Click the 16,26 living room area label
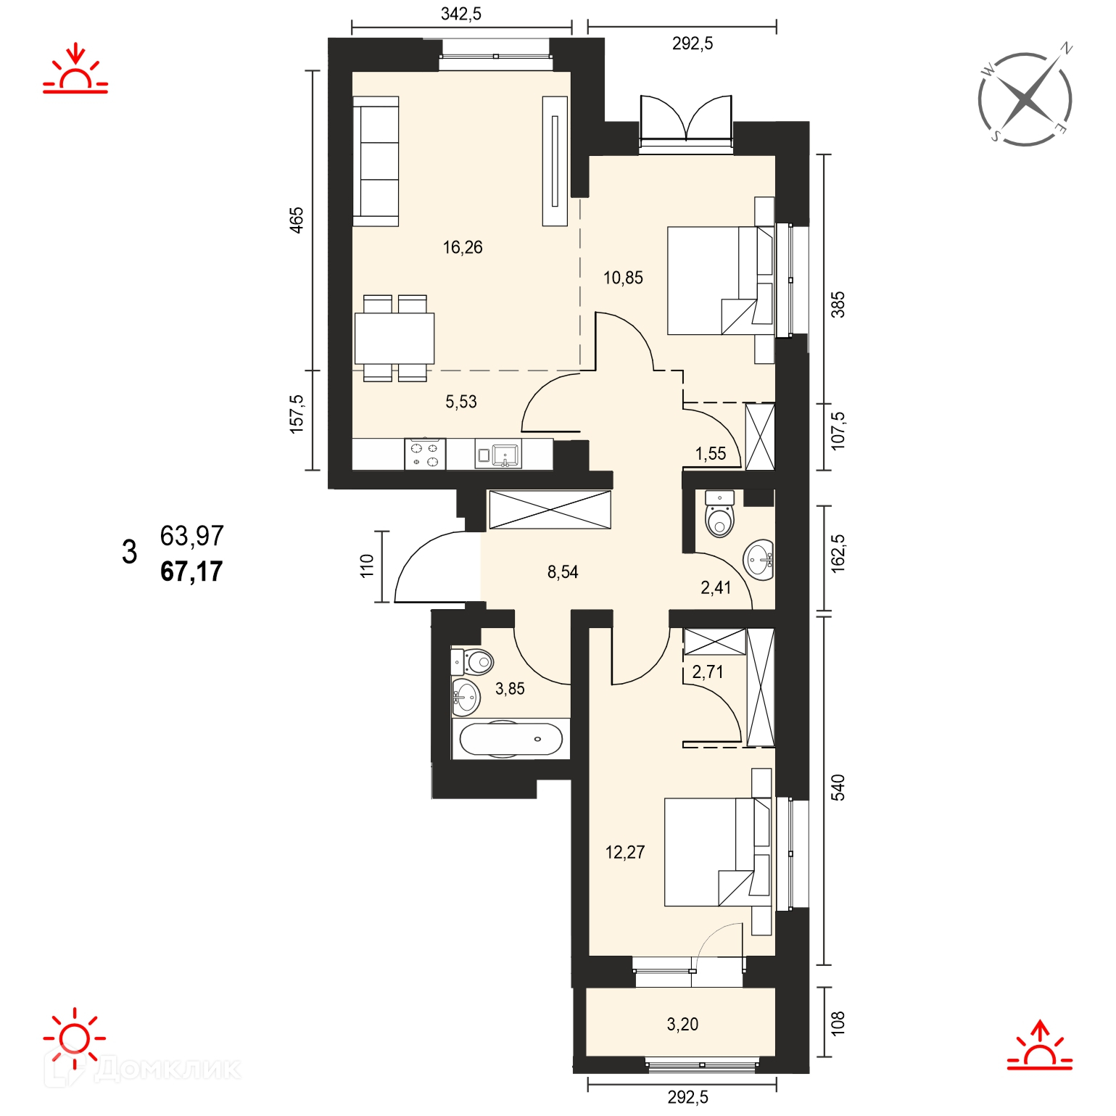click(463, 247)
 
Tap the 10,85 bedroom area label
click(623, 278)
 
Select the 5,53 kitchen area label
click(461, 402)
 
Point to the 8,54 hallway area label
click(563, 572)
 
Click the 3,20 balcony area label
click(682, 1024)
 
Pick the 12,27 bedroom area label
click(625, 852)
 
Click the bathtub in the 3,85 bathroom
click(511, 740)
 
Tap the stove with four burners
click(425, 454)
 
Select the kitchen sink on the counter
click(498, 455)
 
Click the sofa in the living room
click(376, 162)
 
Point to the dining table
click(394, 338)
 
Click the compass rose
click(1025, 98)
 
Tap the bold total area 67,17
click(191, 571)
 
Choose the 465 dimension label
click(297, 220)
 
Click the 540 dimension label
click(838, 788)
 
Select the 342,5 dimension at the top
click(461, 14)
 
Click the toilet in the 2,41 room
click(719, 513)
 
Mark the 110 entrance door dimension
click(367, 566)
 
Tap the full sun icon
click(75, 1038)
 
